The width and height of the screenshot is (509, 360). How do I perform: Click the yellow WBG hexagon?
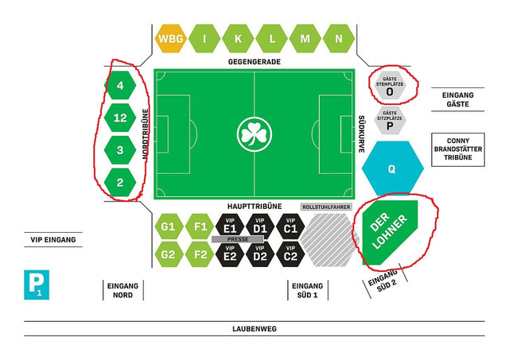coord(171,39)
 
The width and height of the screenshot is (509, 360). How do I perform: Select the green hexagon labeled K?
coord(238,39)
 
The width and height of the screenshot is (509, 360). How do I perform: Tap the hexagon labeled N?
coord(339,39)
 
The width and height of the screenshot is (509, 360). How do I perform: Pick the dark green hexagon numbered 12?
coord(120,118)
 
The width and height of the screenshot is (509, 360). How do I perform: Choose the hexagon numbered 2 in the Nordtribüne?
coord(120,182)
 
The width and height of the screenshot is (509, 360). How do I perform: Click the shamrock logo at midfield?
coord(254,134)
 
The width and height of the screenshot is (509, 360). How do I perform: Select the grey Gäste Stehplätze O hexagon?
coord(390,85)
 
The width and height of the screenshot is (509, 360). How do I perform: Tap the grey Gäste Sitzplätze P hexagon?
coord(390,120)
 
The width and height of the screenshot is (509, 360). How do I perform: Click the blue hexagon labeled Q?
coord(392,168)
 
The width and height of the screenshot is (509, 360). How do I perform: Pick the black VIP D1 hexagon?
coord(260,226)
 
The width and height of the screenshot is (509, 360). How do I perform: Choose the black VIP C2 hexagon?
coord(290,254)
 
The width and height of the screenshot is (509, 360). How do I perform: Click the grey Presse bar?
coord(238,239)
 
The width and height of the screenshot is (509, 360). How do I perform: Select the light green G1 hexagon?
coord(168,226)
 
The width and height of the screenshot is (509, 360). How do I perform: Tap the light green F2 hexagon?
coord(200,254)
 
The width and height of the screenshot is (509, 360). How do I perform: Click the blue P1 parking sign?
coord(37,285)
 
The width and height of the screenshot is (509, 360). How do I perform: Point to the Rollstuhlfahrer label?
coord(326,207)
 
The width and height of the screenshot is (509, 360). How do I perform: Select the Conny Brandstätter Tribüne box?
coord(458,149)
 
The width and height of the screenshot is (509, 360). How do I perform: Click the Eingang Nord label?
coord(122,290)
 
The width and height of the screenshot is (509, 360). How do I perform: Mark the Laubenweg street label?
coord(254,329)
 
